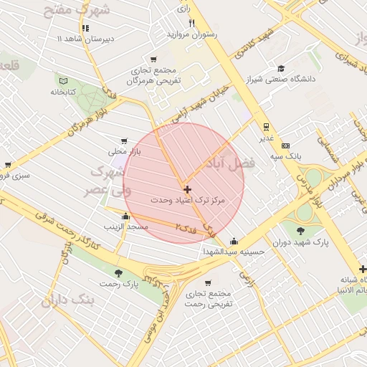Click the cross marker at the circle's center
[x=188, y=190]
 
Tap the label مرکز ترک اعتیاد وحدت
[x=188, y=201]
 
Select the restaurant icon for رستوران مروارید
[x=191, y=23]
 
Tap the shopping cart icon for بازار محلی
[x=125, y=141]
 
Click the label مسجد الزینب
[x=126, y=227]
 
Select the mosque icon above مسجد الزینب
[x=126, y=216]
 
